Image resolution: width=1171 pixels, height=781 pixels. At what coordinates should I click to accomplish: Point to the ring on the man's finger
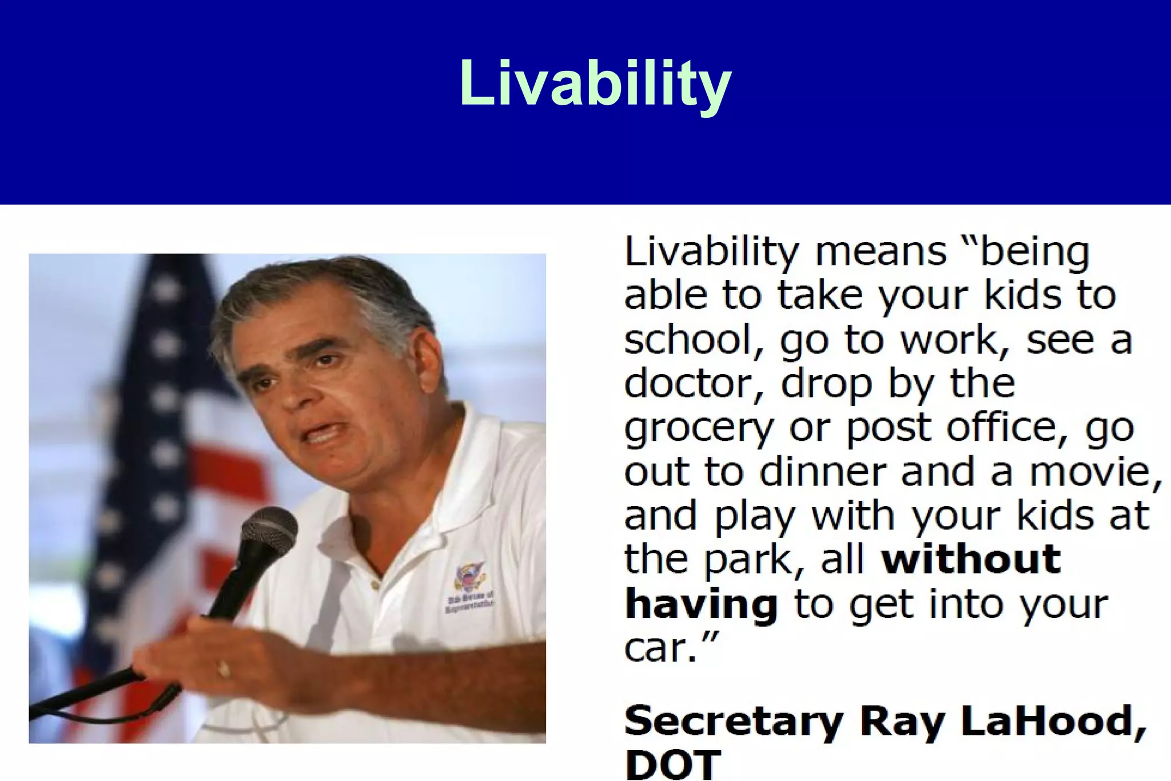coord(224,668)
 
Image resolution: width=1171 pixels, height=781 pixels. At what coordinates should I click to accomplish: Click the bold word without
coord(971,559)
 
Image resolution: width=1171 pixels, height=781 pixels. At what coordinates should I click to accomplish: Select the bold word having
coord(701,604)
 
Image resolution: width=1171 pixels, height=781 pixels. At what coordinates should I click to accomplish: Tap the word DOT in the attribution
coord(673,764)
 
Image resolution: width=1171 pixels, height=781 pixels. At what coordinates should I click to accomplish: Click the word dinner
coord(823,472)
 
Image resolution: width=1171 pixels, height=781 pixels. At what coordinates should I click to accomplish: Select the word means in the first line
coord(881,252)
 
